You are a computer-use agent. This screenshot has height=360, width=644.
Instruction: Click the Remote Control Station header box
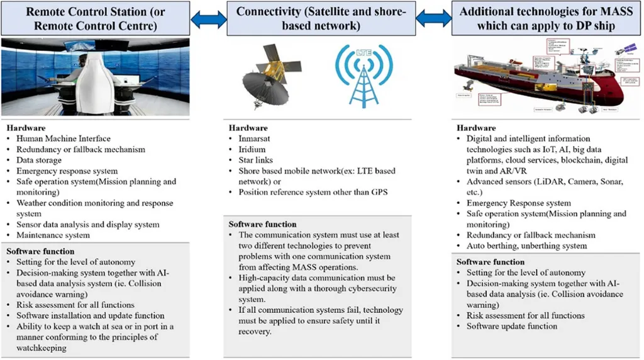point(96,18)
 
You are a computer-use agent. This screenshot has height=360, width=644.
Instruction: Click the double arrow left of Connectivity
point(209,19)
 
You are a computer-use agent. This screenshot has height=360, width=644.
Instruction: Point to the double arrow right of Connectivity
point(434,19)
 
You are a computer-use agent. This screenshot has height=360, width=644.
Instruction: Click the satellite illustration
point(267,76)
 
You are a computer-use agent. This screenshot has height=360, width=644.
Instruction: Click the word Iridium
point(254,150)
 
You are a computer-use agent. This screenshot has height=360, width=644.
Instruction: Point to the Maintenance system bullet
point(54,235)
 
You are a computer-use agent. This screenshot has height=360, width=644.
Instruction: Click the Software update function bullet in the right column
point(511,326)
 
